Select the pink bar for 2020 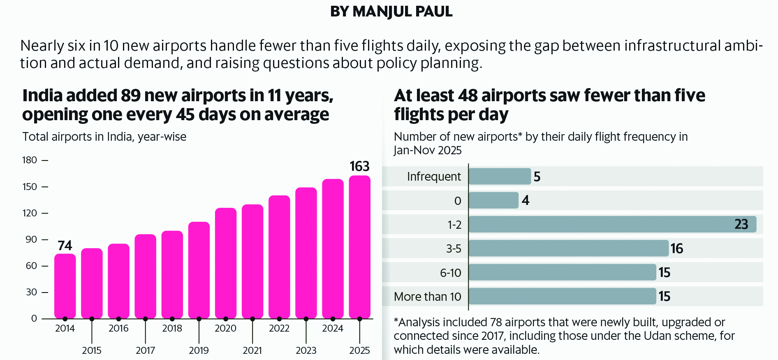(226, 263)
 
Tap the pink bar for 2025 (359, 247)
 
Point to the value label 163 (359, 166)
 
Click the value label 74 (65, 246)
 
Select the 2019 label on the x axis (199, 351)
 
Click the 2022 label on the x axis (279, 328)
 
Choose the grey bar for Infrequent (500, 177)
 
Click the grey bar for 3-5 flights (568, 249)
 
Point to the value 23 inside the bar (741, 224)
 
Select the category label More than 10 (427, 297)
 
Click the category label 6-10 (450, 273)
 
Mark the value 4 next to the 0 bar (525, 200)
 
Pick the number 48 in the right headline (468, 95)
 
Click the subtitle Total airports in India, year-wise (104, 137)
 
